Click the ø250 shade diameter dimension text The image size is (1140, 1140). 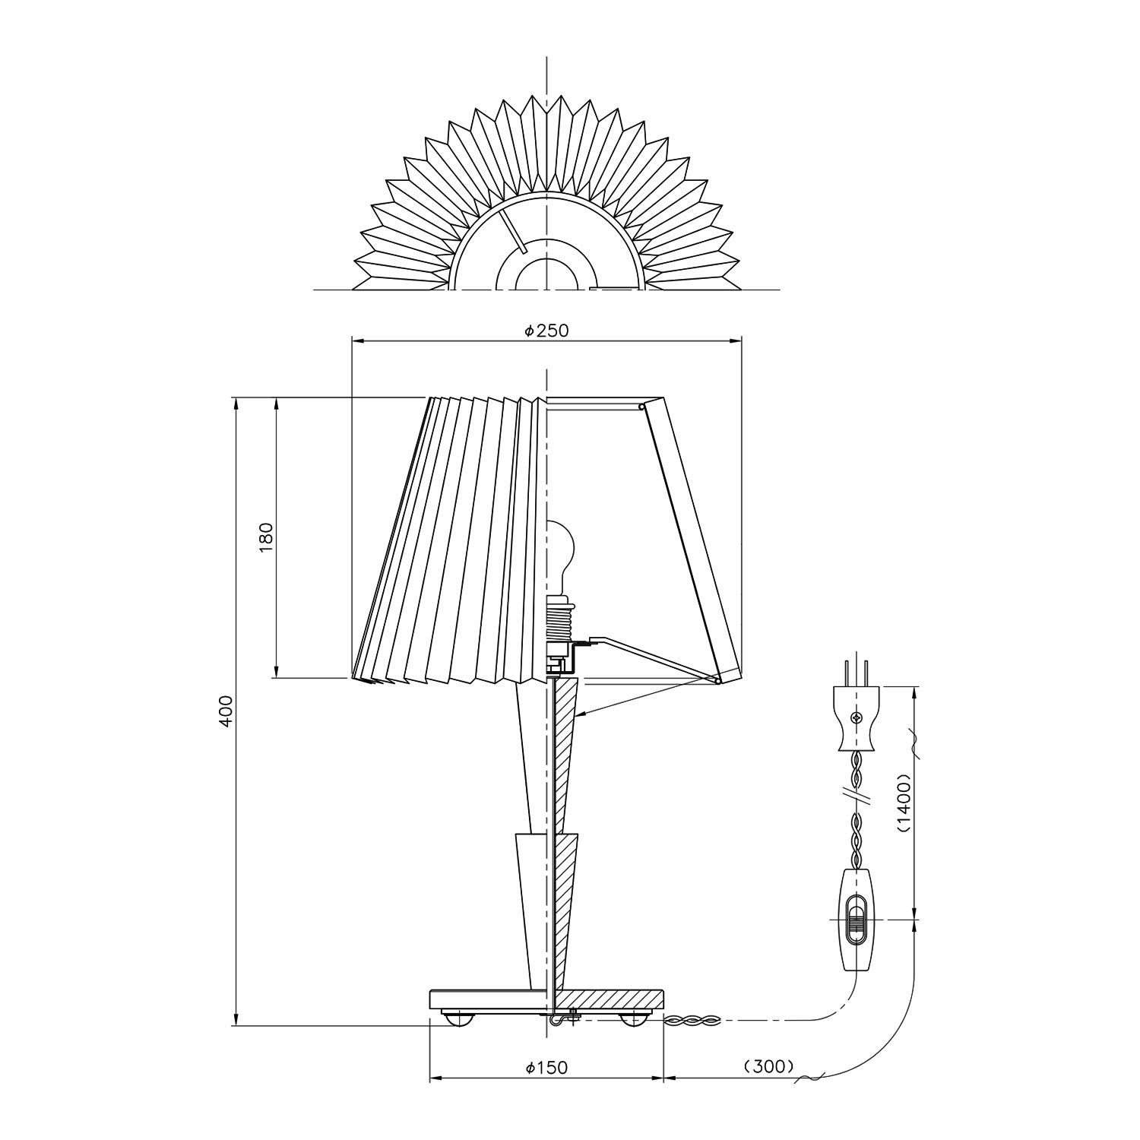[x=546, y=331]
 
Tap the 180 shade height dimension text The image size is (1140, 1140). [x=265, y=537]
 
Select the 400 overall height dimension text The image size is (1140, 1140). [x=226, y=711]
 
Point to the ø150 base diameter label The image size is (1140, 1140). [x=546, y=1068]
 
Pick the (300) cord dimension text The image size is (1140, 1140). [x=769, y=1066]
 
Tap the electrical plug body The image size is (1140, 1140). [x=857, y=718]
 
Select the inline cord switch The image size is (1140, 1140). [x=857, y=921]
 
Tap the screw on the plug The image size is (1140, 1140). [x=857, y=717]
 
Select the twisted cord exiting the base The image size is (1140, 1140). [x=692, y=1020]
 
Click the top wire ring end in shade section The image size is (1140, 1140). [x=642, y=407]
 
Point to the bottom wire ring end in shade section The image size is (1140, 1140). [x=717, y=681]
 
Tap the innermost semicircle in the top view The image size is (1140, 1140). [x=547, y=274]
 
